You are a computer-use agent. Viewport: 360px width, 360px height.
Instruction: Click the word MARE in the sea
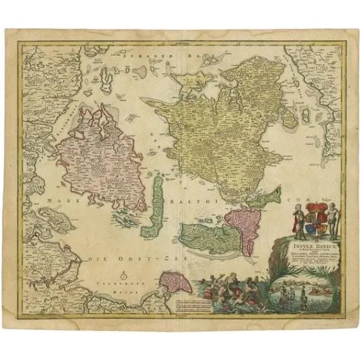59,200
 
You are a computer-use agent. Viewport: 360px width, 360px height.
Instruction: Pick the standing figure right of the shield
329,220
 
